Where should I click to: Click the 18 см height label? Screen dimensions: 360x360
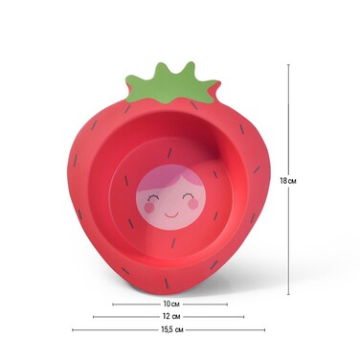point(288,181)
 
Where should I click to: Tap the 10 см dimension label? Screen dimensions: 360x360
point(170,304)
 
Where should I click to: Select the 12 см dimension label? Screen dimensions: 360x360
point(171,317)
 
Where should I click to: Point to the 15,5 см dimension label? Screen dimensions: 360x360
point(172,329)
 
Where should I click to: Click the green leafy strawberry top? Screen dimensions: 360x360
point(171,84)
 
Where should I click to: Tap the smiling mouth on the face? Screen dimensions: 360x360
point(171,214)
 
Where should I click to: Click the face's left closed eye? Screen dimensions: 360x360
point(153,197)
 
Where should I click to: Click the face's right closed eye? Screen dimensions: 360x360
point(188,195)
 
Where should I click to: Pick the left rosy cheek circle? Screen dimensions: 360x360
point(149,208)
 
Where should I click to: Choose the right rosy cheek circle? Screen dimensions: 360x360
point(192,204)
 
